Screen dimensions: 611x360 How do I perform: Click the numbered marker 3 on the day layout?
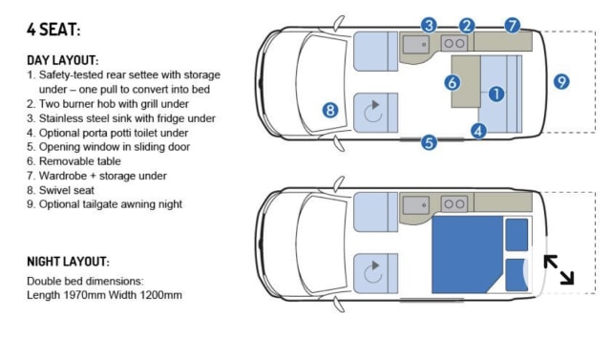pyautogui.click(x=429, y=26)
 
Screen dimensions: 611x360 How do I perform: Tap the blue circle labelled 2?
pyautogui.click(x=467, y=26)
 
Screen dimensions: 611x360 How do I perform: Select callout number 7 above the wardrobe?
pyautogui.click(x=513, y=26)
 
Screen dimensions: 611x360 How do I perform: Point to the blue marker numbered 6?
pyautogui.click(x=453, y=82)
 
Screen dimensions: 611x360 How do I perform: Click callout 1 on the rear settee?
pyautogui.click(x=496, y=94)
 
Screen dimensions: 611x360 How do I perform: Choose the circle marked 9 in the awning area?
pyautogui.click(x=561, y=82)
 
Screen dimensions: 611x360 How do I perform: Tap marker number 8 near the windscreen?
pyautogui.click(x=330, y=110)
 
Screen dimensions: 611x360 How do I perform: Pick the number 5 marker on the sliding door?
pyautogui.click(x=429, y=142)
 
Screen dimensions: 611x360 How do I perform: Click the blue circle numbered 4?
pyautogui.click(x=478, y=131)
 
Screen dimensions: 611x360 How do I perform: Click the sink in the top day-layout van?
pyautogui.click(x=416, y=45)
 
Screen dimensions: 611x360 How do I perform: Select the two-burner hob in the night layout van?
pyautogui.click(x=454, y=203)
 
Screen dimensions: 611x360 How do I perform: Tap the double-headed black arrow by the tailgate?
pyautogui.click(x=558, y=269)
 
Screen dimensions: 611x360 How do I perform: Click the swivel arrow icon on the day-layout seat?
pyautogui.click(x=373, y=112)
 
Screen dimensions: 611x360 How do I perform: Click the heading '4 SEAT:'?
pyautogui.click(x=53, y=30)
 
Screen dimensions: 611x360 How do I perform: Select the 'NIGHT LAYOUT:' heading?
pyautogui.click(x=68, y=262)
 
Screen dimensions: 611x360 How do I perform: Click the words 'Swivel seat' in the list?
pyautogui.click(x=67, y=190)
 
